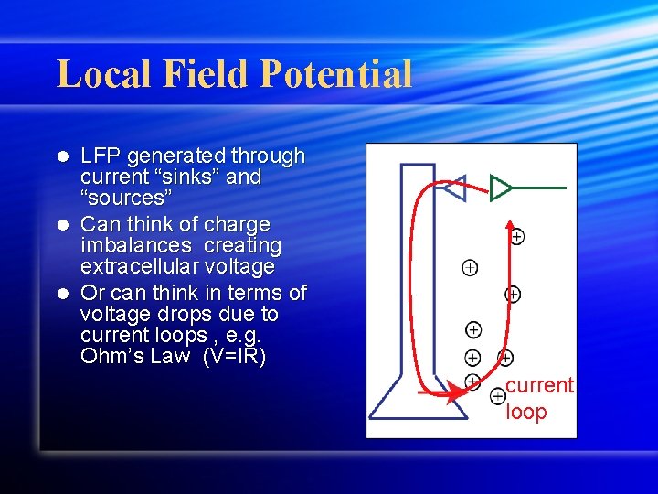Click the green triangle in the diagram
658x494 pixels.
coord(499,187)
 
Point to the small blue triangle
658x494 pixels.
coord(454,188)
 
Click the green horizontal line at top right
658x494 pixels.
coord(539,188)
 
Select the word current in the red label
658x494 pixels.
coord(539,385)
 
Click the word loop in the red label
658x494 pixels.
coord(526,412)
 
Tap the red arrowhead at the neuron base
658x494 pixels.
coord(452,394)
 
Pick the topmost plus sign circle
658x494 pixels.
coord(516,237)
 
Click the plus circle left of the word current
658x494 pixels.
coord(497,396)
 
